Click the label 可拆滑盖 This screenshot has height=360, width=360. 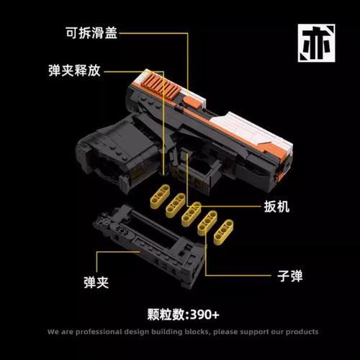[91, 33]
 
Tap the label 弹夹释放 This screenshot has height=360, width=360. [74, 71]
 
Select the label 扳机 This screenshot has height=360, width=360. [276, 207]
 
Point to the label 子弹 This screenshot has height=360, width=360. [290, 276]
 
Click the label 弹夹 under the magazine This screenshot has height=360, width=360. [96, 282]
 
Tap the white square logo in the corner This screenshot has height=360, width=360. [317, 43]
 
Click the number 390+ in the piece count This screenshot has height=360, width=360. [204, 315]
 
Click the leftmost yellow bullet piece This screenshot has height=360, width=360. [160, 194]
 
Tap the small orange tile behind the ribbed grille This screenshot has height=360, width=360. [192, 103]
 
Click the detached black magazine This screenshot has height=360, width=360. [150, 245]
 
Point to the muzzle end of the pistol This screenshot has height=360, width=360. [285, 164]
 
